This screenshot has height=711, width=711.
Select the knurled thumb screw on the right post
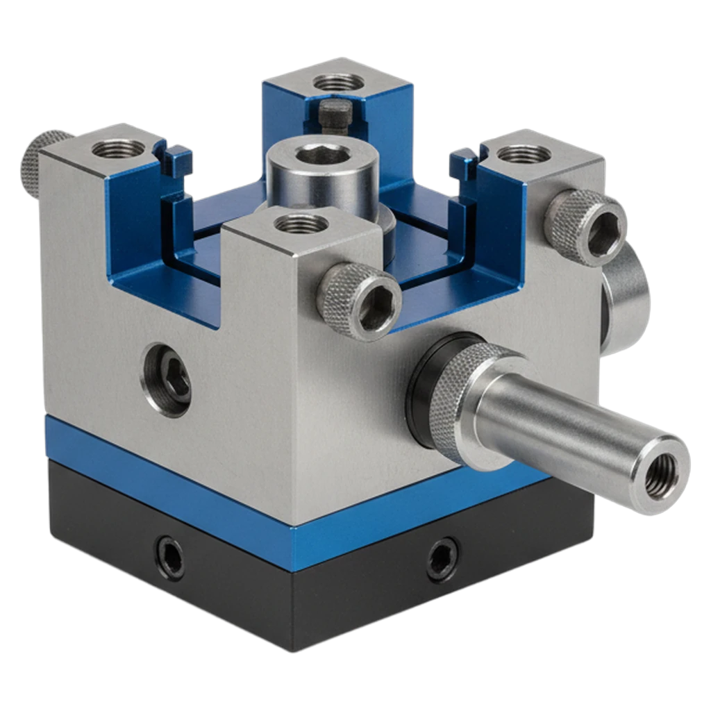586,228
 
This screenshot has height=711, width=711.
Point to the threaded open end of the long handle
662,476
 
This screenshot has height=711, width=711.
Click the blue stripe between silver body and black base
174,472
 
